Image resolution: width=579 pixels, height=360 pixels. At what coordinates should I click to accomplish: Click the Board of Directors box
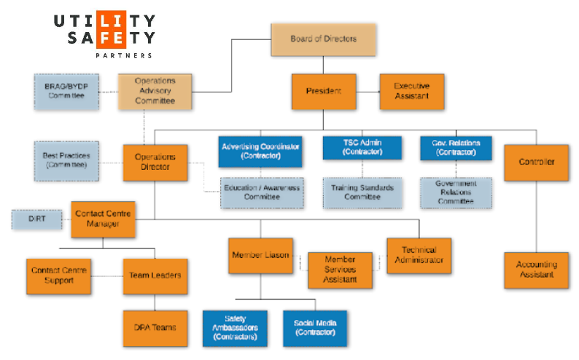pos(324,39)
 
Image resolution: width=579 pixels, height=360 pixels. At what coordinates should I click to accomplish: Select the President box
pos(323,91)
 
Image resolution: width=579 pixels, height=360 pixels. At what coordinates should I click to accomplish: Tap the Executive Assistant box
pos(411,91)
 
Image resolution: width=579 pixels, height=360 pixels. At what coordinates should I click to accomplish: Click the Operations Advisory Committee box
pos(155,91)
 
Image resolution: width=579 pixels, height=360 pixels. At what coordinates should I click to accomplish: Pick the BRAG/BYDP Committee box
pos(66,91)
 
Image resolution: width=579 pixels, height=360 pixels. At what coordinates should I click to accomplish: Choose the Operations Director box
pos(155,162)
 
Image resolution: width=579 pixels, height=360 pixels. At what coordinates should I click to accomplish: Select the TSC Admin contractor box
pos(362,147)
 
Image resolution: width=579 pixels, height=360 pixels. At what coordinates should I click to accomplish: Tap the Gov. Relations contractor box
pos(456,147)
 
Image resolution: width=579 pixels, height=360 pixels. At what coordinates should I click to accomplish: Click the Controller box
pos(536,162)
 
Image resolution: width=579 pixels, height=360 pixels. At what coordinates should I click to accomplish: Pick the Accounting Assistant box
pos(536,270)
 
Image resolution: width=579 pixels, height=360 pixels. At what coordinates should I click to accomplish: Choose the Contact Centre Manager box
pos(103,219)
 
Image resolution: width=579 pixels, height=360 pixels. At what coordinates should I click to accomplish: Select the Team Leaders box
pos(155,275)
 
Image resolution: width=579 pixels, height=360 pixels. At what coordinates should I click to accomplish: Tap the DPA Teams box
pos(155,327)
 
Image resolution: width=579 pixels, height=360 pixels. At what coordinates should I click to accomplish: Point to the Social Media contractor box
pos(314,327)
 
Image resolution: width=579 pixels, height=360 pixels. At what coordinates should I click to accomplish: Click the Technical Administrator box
pos(419,255)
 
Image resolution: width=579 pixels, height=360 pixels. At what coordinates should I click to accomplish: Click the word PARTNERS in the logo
pos(124,55)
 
